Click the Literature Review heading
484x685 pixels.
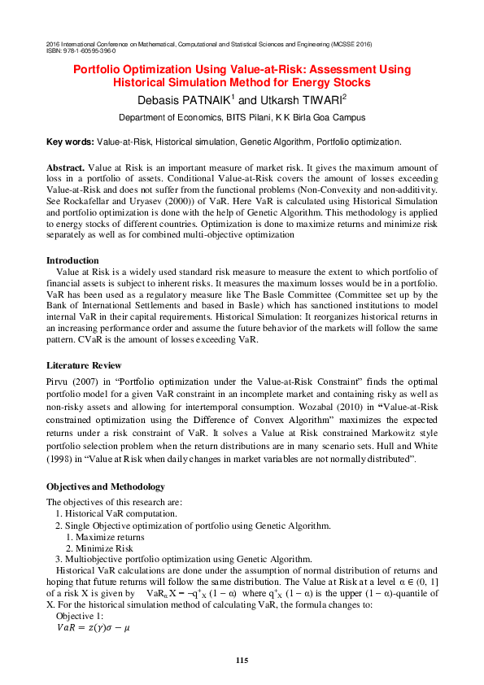(x=84, y=365)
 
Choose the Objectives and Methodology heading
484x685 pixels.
(x=106, y=486)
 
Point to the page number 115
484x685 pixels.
(x=242, y=659)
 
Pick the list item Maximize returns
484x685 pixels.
(x=109, y=537)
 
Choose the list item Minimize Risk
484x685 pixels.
(x=104, y=548)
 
